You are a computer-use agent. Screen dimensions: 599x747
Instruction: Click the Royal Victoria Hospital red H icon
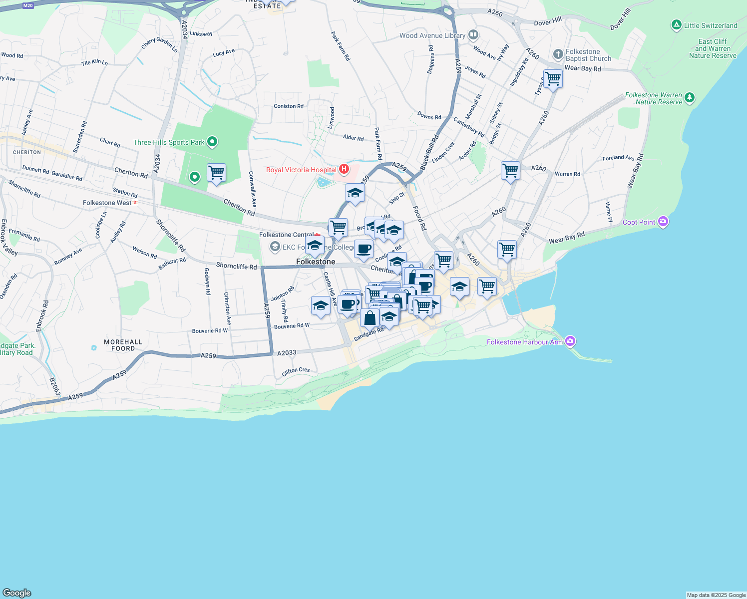(x=344, y=170)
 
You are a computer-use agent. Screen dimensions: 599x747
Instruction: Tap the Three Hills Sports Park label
(x=169, y=143)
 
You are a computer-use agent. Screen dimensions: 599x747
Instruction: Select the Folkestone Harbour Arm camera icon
(x=570, y=341)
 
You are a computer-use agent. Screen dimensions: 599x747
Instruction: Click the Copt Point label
(x=639, y=222)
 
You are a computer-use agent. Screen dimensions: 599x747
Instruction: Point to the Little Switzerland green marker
(x=676, y=25)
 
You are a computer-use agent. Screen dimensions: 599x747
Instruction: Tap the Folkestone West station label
(x=107, y=203)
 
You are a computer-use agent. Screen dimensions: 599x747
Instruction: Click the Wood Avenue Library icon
(x=473, y=35)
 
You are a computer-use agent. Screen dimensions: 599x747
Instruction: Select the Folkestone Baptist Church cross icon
(x=558, y=54)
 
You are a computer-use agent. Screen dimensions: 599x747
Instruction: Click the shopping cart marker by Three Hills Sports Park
(x=216, y=173)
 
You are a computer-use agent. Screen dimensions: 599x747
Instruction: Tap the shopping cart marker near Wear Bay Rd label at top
(x=553, y=78)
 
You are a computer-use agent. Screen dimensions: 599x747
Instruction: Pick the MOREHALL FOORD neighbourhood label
(x=123, y=345)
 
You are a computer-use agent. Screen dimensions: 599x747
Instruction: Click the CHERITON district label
(x=27, y=152)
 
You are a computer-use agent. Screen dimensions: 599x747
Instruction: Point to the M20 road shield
(x=28, y=5)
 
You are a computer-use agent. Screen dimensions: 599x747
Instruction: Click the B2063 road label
(x=54, y=387)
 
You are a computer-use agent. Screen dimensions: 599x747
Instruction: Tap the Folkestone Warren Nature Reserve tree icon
(x=689, y=97)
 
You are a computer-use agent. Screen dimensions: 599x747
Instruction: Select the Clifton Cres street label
(x=296, y=371)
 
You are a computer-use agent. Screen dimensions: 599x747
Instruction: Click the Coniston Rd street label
(x=289, y=106)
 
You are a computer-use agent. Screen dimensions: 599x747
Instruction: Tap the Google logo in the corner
(x=17, y=593)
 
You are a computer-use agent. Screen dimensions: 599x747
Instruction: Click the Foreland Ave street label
(x=618, y=158)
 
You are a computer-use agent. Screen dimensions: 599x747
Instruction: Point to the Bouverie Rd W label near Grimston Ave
(x=210, y=331)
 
